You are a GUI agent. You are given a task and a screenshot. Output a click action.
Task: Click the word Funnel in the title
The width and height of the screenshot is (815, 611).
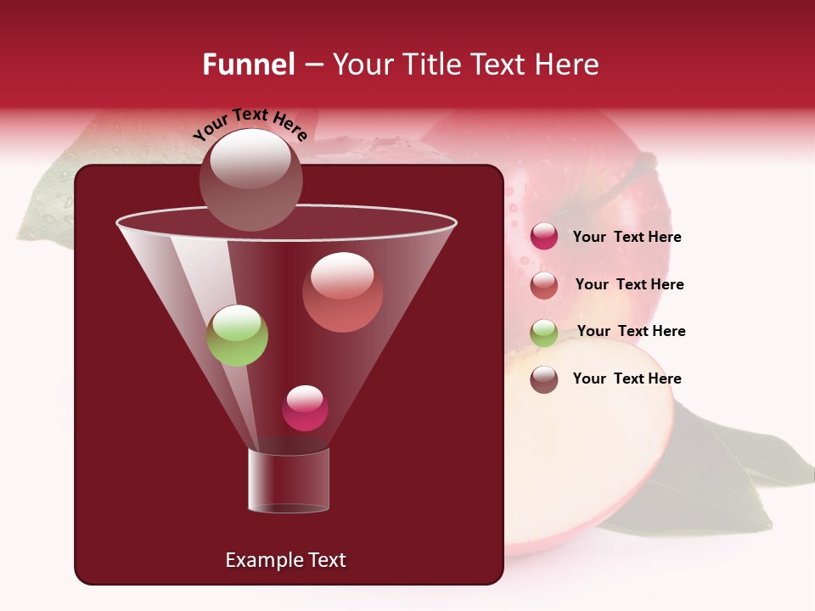click(x=249, y=64)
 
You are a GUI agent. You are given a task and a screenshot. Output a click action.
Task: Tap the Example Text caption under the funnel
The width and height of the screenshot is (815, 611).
click(x=285, y=560)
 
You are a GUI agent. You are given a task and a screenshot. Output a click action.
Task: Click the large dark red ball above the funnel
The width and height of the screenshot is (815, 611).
click(x=250, y=179)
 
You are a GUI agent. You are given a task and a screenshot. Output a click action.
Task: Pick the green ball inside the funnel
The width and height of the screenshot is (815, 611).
click(x=238, y=335)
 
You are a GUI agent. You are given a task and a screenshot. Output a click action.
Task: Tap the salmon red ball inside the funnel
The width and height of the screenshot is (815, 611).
click(x=342, y=292)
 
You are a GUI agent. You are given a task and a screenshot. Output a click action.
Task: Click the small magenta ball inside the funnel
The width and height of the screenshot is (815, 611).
click(x=305, y=408)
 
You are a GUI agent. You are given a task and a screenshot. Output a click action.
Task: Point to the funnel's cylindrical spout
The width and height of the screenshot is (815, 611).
click(x=289, y=480)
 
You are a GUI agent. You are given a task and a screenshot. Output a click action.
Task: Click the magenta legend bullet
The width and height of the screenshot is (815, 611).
click(x=544, y=237)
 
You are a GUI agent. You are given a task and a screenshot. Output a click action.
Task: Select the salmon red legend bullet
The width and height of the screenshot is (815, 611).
click(x=544, y=285)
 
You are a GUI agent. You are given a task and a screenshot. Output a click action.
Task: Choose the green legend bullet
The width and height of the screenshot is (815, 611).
click(x=544, y=333)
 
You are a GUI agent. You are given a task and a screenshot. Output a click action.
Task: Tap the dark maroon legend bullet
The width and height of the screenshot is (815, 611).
click(x=544, y=379)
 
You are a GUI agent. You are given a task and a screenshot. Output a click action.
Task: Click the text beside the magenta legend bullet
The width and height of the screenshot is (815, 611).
click(x=627, y=238)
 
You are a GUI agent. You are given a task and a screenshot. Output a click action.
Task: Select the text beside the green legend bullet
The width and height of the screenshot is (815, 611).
click(x=631, y=332)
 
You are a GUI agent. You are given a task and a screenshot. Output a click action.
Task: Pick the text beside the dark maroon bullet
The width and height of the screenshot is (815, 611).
click(x=627, y=378)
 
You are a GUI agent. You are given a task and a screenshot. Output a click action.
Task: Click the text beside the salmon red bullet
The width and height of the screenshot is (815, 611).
click(x=629, y=285)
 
